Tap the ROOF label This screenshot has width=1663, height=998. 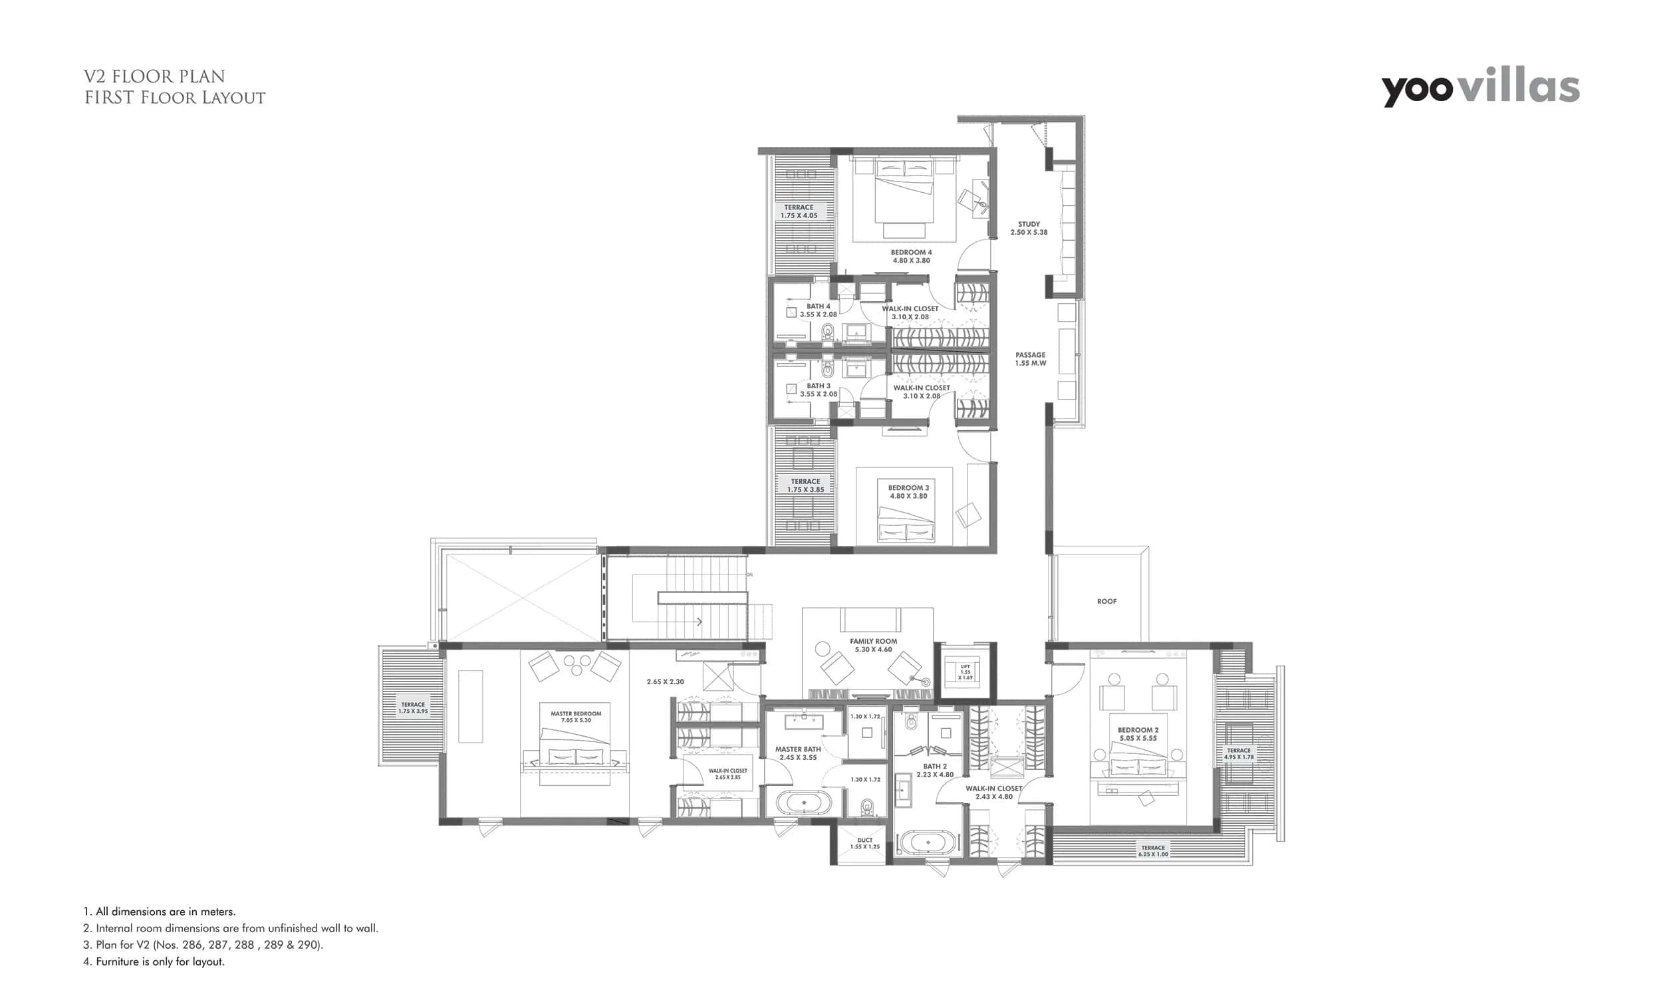[x=1106, y=601]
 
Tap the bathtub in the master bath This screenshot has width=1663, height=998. [x=804, y=803]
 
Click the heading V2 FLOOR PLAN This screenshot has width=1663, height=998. [x=154, y=76]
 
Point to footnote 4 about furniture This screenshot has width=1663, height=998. [x=154, y=961]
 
